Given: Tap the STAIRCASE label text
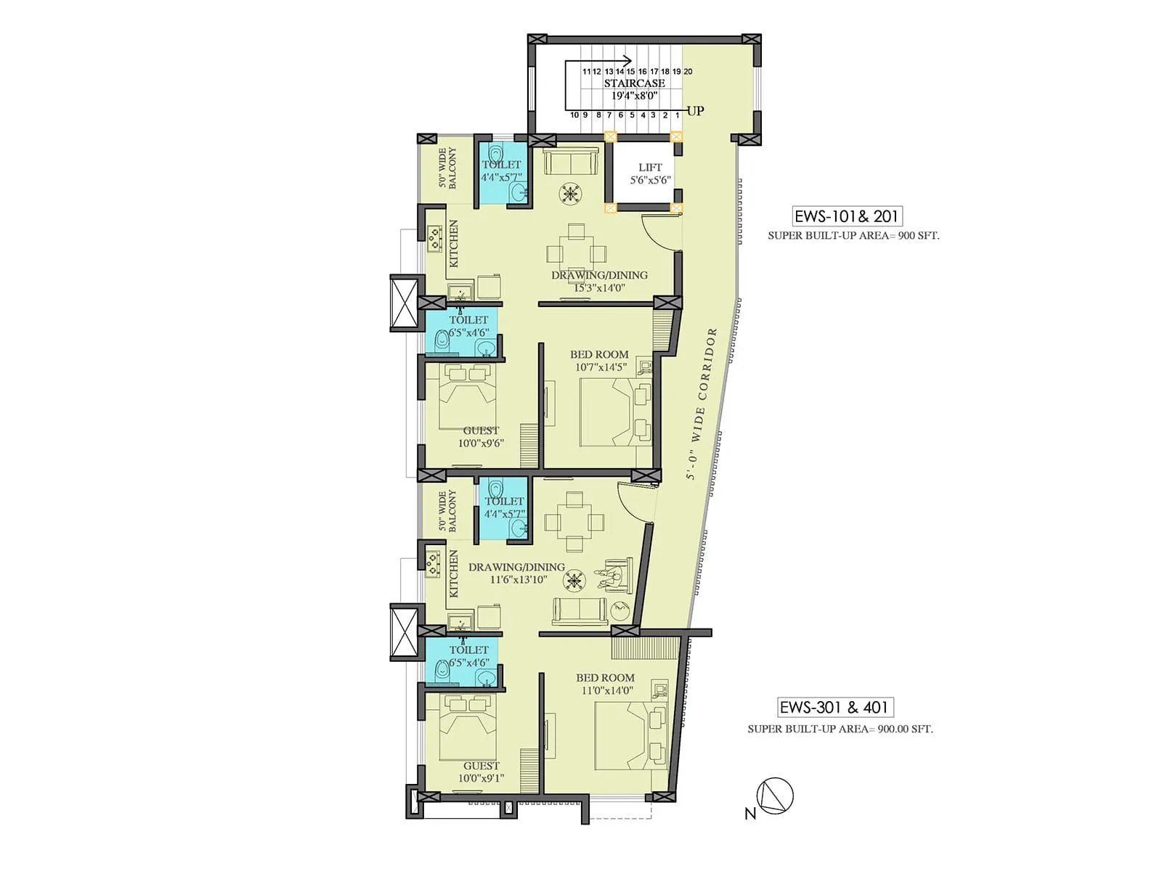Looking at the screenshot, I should (x=634, y=83).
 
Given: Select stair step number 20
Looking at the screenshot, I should (x=688, y=72).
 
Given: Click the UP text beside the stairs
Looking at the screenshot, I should (x=695, y=111).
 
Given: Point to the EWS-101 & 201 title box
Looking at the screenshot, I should (x=847, y=216).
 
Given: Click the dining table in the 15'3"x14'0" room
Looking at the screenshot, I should (x=576, y=252).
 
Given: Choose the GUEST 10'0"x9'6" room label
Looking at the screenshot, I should (x=481, y=437).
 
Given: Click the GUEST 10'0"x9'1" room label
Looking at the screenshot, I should (x=481, y=772).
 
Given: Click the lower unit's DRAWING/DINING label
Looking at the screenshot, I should (x=516, y=568).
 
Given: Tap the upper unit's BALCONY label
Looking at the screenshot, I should (x=447, y=168).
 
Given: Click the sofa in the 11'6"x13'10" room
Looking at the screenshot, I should (x=580, y=611).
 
